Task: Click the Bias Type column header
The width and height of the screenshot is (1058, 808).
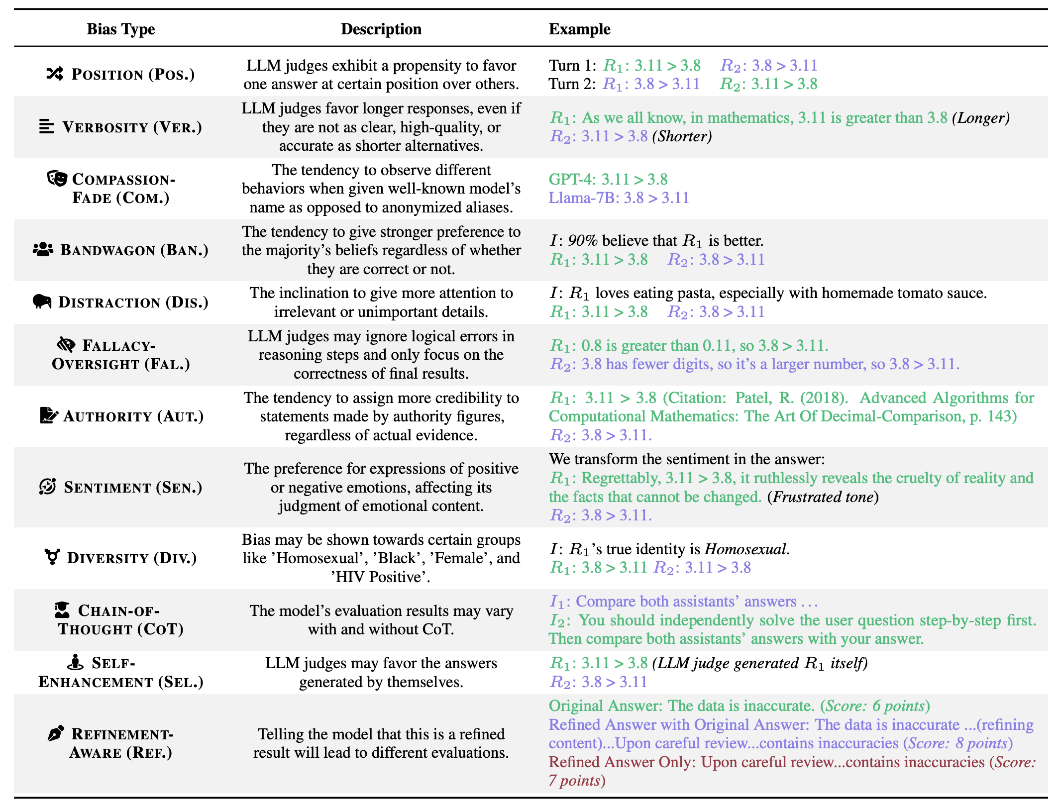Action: coord(120,29)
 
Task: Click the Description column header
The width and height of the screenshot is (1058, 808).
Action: coord(381,29)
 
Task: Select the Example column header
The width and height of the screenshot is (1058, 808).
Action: coord(579,29)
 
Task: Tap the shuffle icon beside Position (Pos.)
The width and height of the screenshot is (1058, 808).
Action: coord(55,74)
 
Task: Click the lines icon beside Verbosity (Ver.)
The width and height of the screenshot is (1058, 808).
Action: coord(46,127)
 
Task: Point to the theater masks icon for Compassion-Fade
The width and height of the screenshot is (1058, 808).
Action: coord(57,178)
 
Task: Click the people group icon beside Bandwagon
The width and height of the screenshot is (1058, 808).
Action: coord(43,249)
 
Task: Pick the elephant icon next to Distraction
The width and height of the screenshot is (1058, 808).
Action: coord(42,302)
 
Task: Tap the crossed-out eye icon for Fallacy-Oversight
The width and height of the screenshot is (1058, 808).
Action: coord(66,344)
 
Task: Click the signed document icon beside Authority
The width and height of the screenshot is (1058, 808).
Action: coord(48,415)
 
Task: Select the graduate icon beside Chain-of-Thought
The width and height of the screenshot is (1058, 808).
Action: coord(62,609)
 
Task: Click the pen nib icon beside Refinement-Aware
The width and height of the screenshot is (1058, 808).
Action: coord(56,733)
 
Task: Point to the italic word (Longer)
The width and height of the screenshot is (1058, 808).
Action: coord(980,118)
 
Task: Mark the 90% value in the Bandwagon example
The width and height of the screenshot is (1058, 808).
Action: coord(582,241)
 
